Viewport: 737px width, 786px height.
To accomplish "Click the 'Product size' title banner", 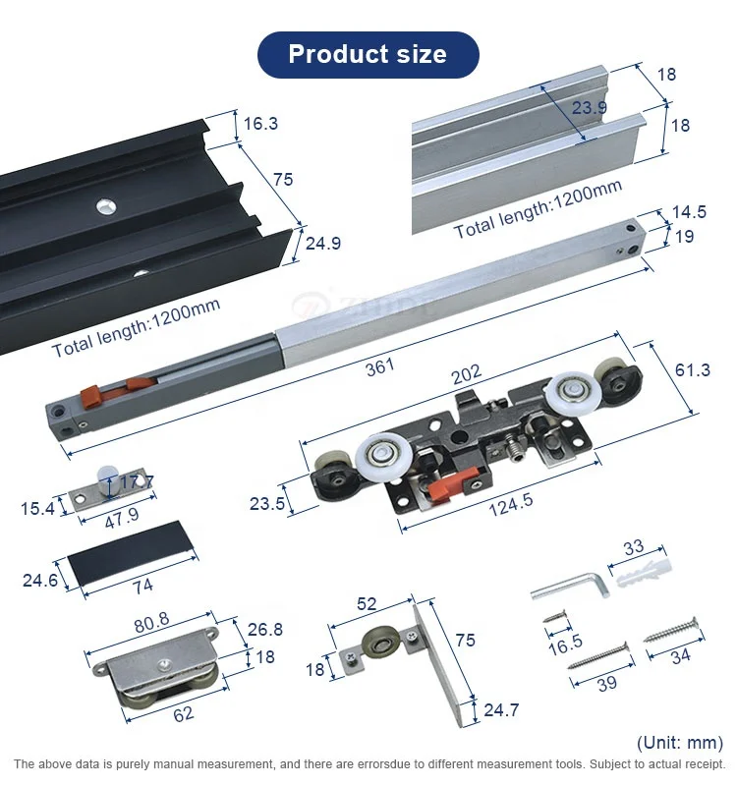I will click(x=368, y=54).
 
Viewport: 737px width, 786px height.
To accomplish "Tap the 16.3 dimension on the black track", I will click(x=260, y=124).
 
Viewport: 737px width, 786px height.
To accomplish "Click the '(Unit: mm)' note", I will click(x=679, y=742).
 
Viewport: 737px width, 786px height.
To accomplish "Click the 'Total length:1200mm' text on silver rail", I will click(x=538, y=210).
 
